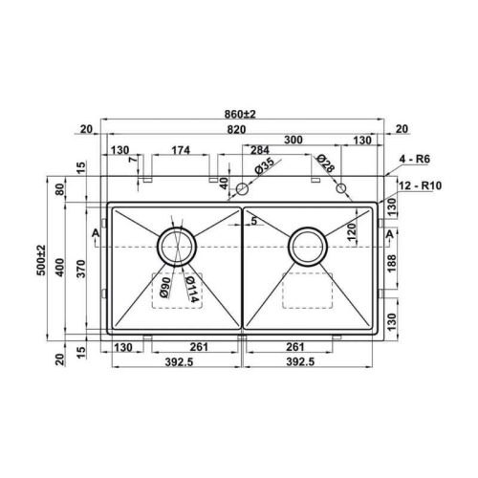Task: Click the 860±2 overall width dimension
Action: (x=240, y=114)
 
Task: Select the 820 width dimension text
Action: (x=237, y=129)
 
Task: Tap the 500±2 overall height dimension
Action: (x=41, y=260)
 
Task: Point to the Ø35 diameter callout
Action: (x=264, y=165)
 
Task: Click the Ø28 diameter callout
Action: (x=325, y=163)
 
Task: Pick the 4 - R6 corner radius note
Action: (x=415, y=159)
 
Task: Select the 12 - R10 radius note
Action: (x=421, y=185)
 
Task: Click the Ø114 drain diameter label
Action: (x=192, y=289)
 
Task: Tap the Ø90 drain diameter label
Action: (x=165, y=287)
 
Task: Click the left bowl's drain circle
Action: (x=177, y=228)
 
